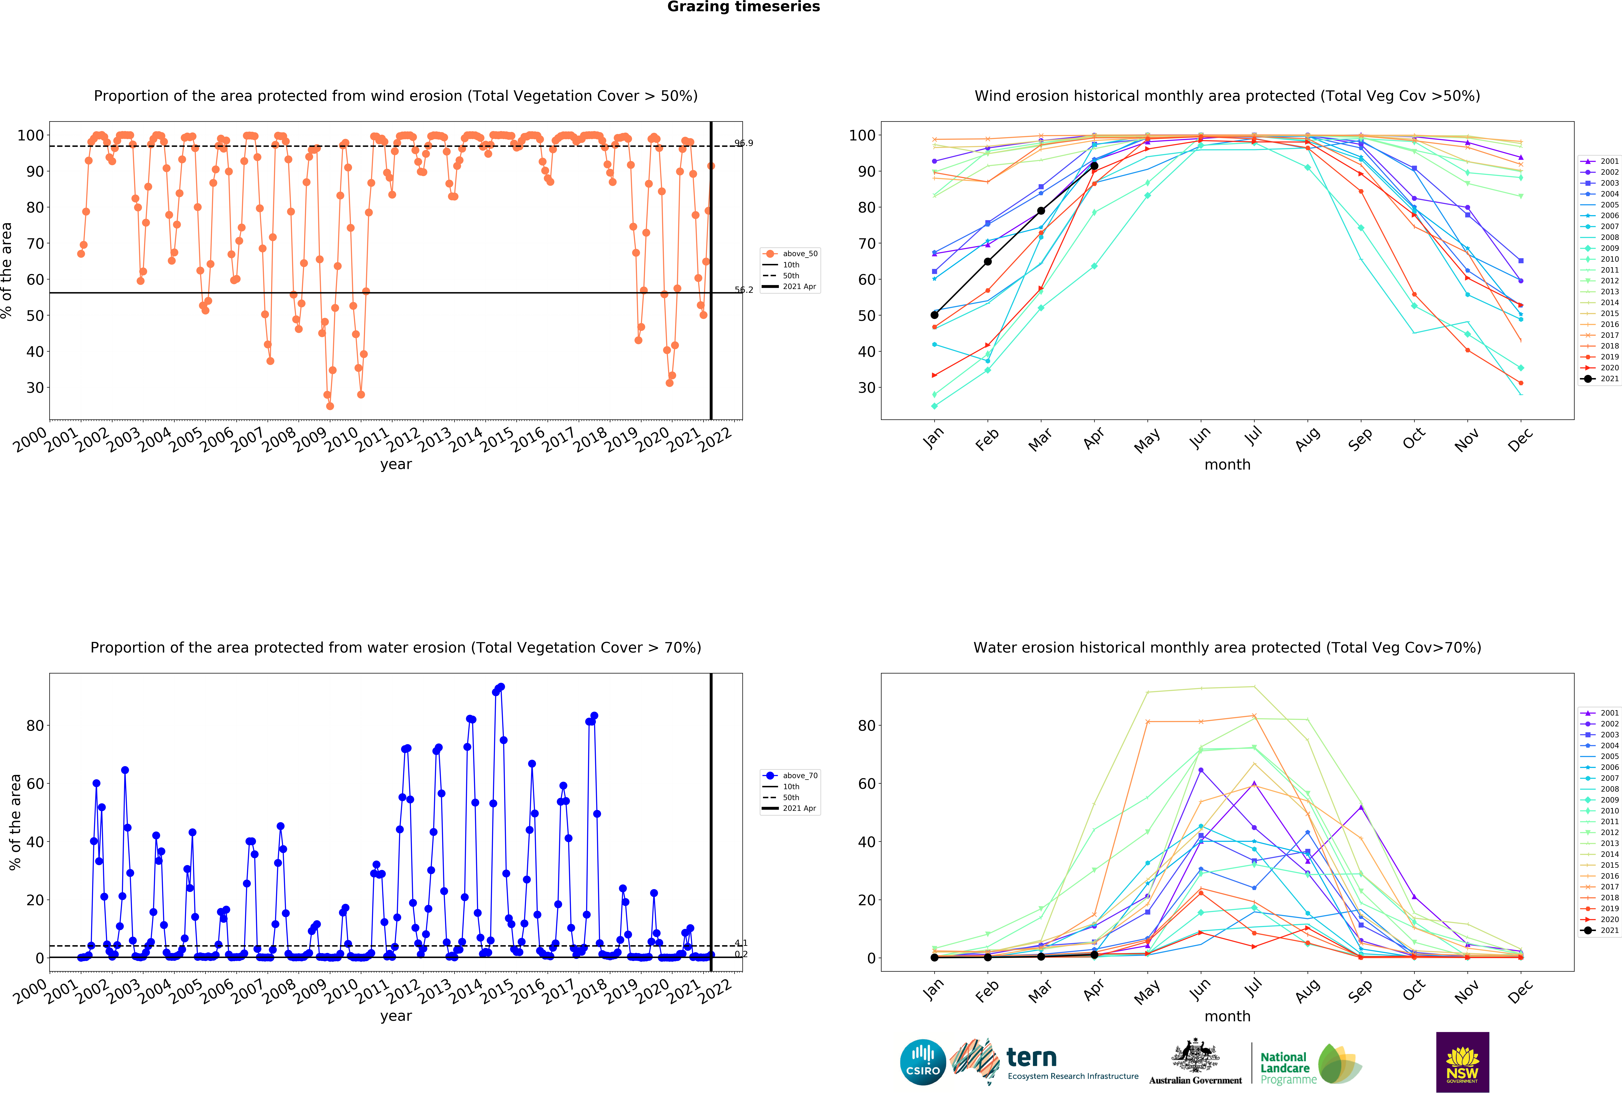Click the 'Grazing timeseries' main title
point(743,7)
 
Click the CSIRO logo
point(923,1062)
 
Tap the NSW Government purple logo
point(1462,1062)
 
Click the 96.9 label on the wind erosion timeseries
point(743,143)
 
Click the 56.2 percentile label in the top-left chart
point(743,290)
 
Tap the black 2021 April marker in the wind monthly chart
point(1094,166)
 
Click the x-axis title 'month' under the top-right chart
point(1227,465)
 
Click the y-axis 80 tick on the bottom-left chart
point(35,726)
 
